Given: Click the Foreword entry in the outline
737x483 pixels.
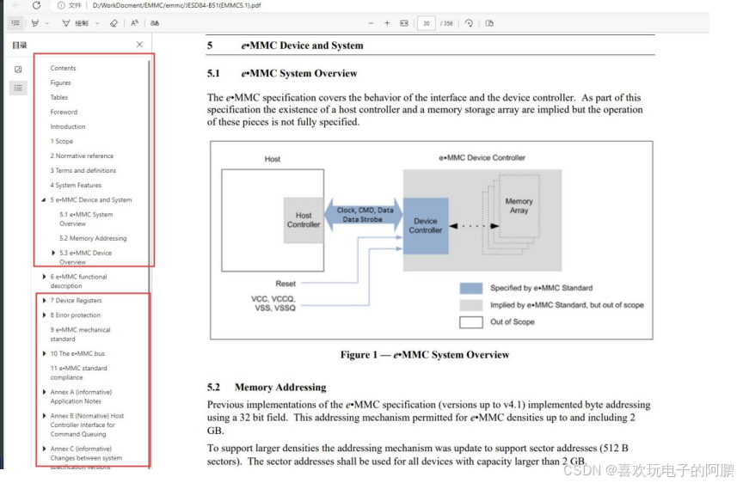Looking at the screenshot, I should tap(64, 112).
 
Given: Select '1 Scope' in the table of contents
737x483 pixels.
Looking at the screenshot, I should tap(62, 141).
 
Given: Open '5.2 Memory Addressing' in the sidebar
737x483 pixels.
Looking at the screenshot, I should tap(93, 238).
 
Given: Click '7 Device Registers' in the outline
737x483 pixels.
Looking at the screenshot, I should tap(76, 301).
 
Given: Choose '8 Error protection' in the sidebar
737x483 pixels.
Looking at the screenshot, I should tap(76, 315).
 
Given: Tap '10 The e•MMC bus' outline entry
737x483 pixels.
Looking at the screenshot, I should tap(77, 353).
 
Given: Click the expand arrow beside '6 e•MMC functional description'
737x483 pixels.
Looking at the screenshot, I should tap(45, 277).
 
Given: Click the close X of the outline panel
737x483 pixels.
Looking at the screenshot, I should tap(140, 44).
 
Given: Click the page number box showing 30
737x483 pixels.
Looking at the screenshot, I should tap(426, 23).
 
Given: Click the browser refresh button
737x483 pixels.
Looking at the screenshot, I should tap(36, 5).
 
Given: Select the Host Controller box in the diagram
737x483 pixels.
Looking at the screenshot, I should tap(304, 220).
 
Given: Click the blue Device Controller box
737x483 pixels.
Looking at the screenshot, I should tap(426, 225).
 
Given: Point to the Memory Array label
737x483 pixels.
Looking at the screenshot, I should tap(519, 206).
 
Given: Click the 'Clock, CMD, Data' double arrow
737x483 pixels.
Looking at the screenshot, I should tap(365, 214).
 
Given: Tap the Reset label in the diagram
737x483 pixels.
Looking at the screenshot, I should tap(286, 284).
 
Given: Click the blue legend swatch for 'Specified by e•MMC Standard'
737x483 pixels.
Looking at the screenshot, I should tap(470, 288).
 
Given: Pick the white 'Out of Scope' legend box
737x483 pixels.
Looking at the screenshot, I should tap(470, 322).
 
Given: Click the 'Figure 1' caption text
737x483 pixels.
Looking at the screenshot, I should tap(425, 354).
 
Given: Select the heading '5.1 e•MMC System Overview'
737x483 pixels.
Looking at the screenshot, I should tap(298, 73).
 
